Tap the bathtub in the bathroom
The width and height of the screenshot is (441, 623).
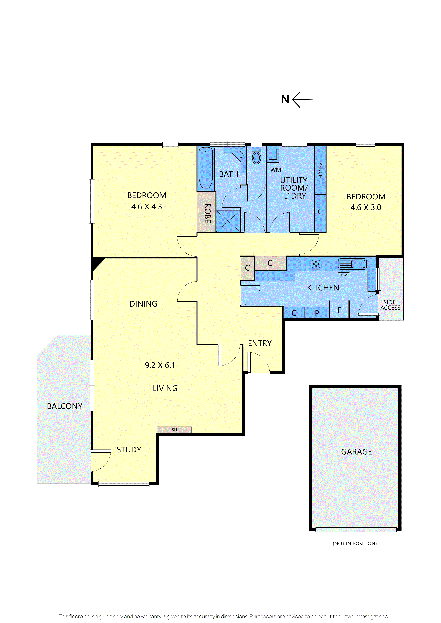tap(206, 168)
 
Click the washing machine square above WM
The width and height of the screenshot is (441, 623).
tap(273, 154)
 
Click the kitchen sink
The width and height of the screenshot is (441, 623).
tap(352, 263)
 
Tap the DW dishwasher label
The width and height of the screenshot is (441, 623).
tap(344, 275)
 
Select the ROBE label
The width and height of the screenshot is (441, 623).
tap(207, 213)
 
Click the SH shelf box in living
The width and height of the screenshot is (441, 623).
tap(174, 430)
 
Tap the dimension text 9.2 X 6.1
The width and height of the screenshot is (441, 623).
tap(160, 365)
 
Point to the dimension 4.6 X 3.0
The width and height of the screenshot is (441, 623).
tap(366, 207)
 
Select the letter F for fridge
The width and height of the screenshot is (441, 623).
tap(339, 310)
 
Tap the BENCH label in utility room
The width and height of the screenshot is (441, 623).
tap(320, 170)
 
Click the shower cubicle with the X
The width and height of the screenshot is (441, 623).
tap(228, 221)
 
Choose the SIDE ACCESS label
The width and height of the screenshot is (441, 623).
tap(390, 305)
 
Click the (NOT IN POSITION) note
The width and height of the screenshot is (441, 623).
tap(355, 544)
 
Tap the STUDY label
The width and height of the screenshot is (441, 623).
tap(129, 450)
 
